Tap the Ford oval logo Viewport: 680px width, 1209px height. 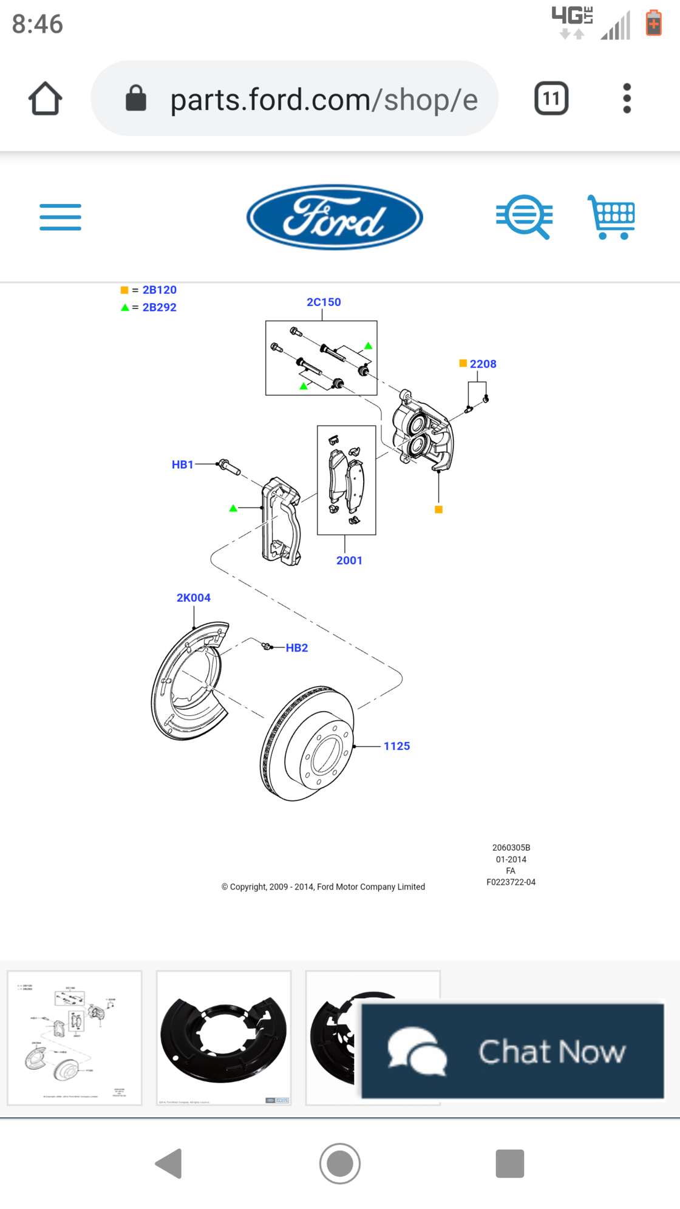tap(334, 217)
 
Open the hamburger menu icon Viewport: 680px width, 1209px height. tap(60, 217)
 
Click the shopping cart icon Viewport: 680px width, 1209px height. tap(611, 217)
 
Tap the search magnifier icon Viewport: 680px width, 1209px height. tap(524, 217)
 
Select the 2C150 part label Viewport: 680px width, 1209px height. tap(324, 302)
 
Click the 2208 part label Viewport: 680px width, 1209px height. tap(483, 364)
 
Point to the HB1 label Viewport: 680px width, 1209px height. tap(182, 465)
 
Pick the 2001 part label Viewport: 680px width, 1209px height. tap(349, 560)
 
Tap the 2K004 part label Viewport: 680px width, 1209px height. tap(193, 598)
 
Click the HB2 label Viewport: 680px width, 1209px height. tap(297, 648)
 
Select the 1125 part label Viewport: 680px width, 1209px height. tap(396, 746)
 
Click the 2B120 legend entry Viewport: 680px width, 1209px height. tap(159, 290)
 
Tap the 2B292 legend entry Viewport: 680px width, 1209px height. tap(159, 307)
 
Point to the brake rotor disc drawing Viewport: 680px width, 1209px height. tap(307, 744)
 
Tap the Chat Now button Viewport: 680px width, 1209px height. tap(512, 1051)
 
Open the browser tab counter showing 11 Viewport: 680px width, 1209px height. tap(551, 98)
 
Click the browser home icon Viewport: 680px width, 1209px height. tap(45, 98)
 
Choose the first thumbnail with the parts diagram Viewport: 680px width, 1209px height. tap(74, 1038)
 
